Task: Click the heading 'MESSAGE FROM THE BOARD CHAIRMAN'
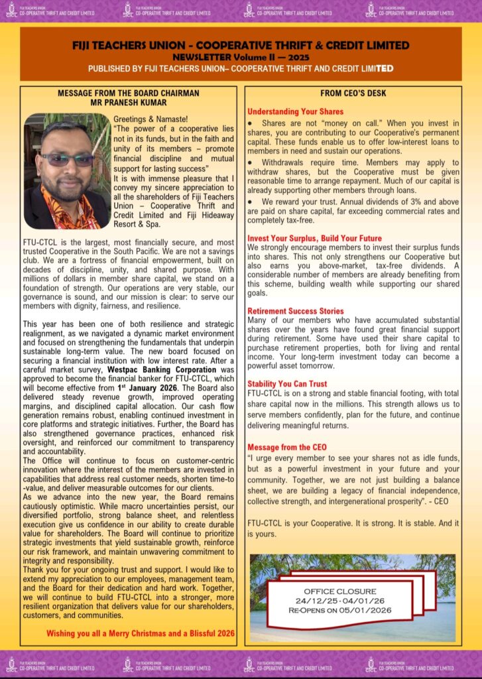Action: pos(129,93)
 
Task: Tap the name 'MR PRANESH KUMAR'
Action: pos(129,103)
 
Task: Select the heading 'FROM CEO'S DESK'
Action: pos(353,93)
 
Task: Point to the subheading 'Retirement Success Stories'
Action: pos(295,311)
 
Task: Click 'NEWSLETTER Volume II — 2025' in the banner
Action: pos(241,56)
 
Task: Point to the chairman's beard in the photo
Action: pos(66,182)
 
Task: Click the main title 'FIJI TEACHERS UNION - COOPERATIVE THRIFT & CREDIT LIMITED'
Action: pos(241,45)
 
